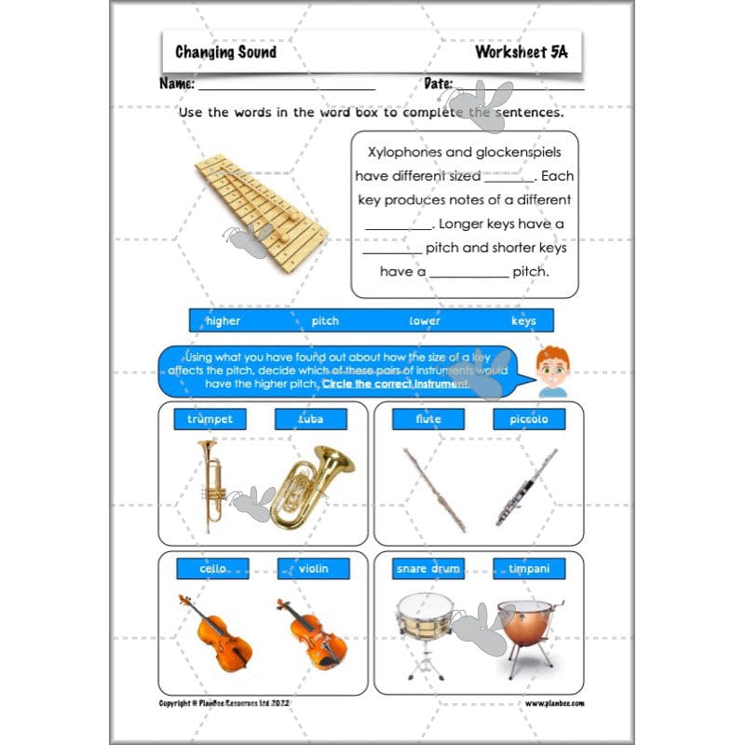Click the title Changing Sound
tap(225, 52)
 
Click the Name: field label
tap(177, 84)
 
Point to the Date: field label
tap(438, 84)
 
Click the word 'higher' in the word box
tap(223, 321)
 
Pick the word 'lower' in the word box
tap(425, 321)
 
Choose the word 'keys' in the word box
tap(523, 321)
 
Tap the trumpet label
tap(210, 419)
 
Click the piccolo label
tap(529, 419)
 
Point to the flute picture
tap(434, 489)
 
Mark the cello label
tap(213, 568)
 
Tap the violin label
tap(313, 568)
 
